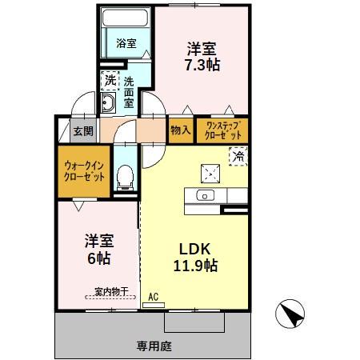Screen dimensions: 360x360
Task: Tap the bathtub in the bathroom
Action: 127,20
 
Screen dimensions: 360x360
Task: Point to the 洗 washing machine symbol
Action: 110,80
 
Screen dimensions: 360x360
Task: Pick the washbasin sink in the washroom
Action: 109,102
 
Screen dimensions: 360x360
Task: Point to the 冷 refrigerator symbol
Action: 237,158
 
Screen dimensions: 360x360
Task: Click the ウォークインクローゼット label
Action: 84,170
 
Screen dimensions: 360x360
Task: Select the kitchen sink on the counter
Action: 205,195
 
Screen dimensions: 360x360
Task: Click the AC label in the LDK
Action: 154,297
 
